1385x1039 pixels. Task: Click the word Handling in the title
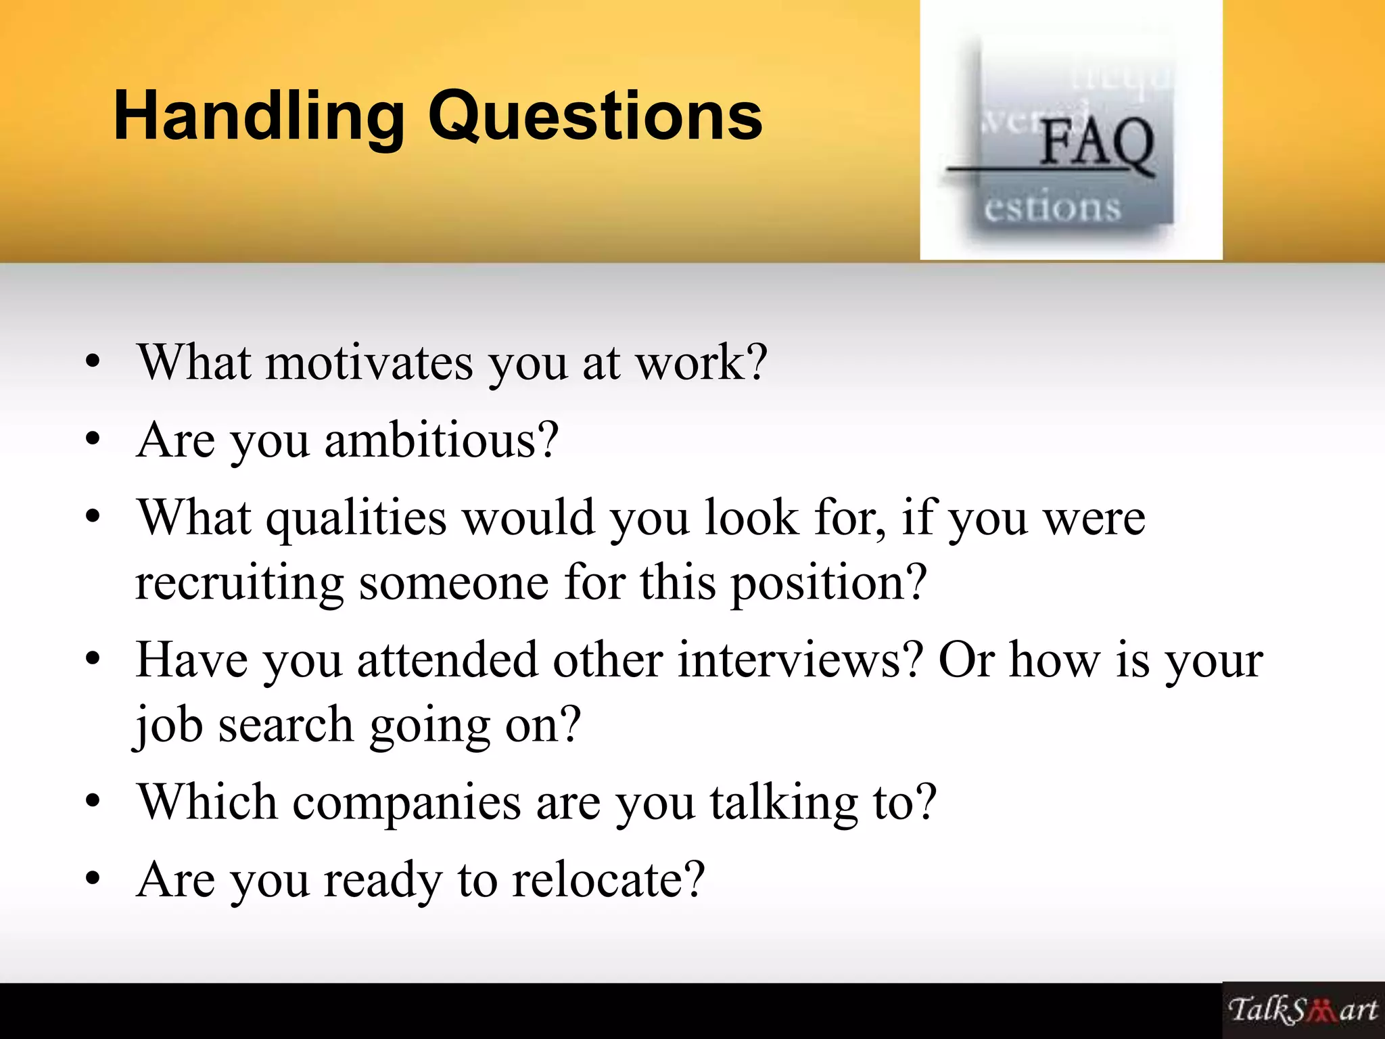[x=258, y=116]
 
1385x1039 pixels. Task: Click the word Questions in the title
[x=595, y=116]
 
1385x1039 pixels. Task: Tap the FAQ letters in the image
[x=1096, y=143]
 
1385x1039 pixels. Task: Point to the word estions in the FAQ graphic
[x=1052, y=207]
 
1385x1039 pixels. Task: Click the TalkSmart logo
[x=1302, y=1010]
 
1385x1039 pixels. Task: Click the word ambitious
[x=441, y=440]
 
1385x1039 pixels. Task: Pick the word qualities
[x=356, y=518]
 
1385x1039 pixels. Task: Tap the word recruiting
[x=239, y=582]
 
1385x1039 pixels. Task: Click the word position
[x=828, y=582]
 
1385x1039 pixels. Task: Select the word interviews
[x=800, y=660]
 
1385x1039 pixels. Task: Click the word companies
[x=406, y=802]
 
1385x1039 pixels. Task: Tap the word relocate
[x=608, y=880]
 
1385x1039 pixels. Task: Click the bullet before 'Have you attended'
[x=93, y=661]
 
